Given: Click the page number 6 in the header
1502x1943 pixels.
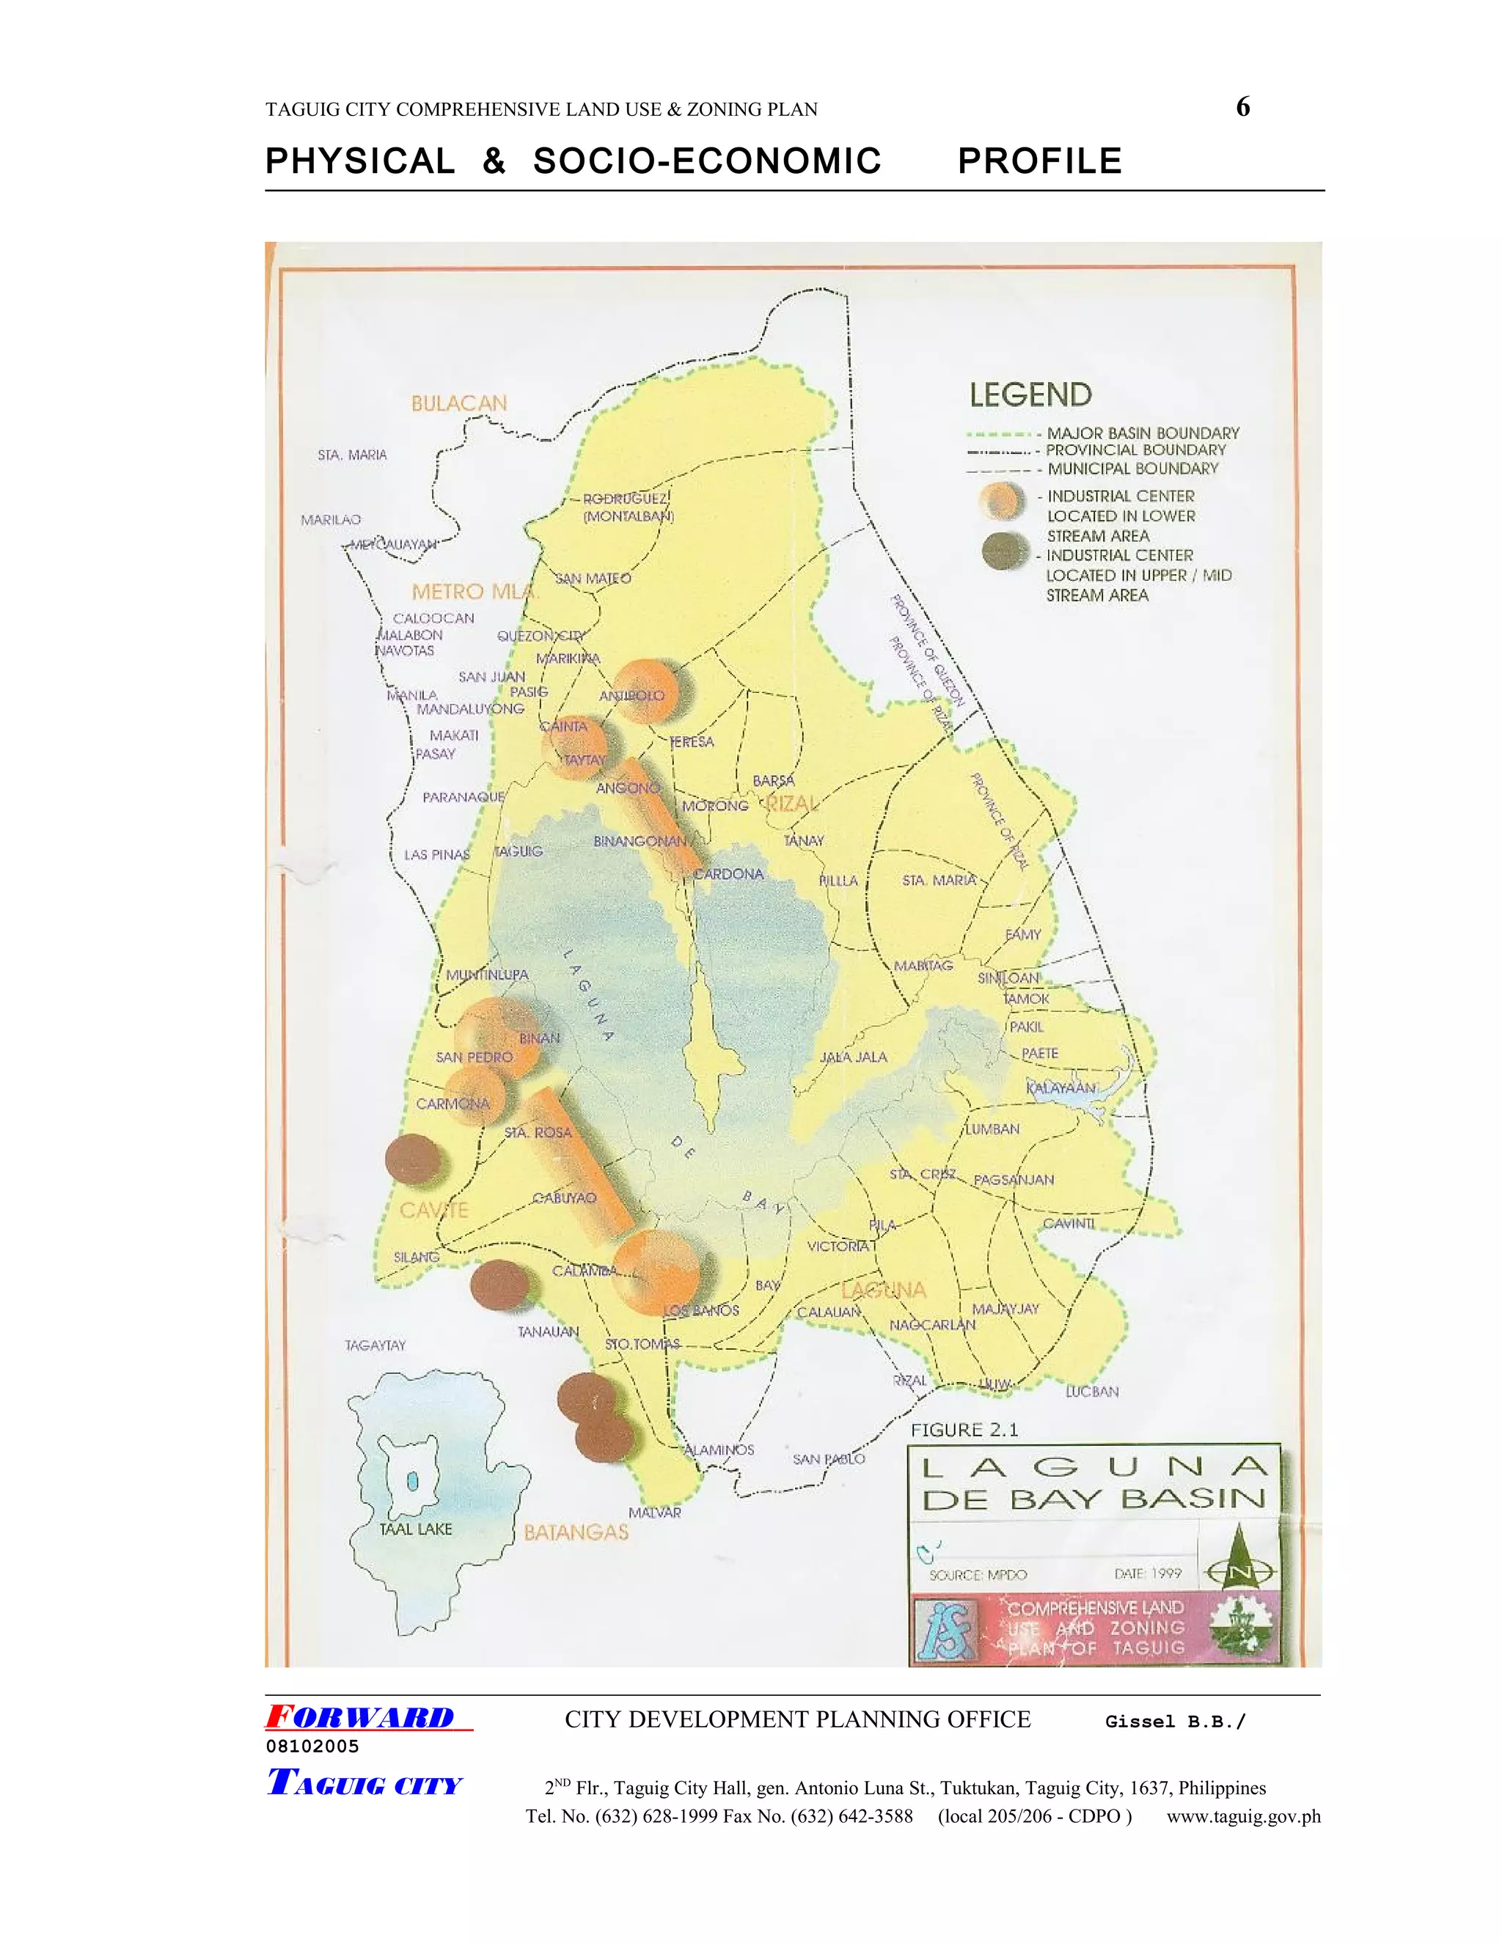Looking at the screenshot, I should point(1242,108).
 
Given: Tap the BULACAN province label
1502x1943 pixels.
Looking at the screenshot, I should point(458,403).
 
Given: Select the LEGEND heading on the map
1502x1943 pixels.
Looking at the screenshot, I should point(1030,395).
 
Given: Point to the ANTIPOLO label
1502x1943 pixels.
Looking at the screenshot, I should point(631,695).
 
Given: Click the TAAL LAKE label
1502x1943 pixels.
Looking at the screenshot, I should point(416,1529).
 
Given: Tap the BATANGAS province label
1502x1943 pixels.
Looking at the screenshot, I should point(576,1532).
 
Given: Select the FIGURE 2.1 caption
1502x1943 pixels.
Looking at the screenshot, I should point(964,1430).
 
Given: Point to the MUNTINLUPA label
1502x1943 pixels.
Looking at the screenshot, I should point(487,974).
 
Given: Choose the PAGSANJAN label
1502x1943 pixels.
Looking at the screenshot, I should point(1013,1180).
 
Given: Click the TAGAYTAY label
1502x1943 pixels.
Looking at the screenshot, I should point(375,1345).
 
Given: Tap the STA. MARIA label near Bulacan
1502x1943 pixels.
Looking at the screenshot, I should point(352,455).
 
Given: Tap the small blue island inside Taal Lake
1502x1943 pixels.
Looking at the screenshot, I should point(412,1481).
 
